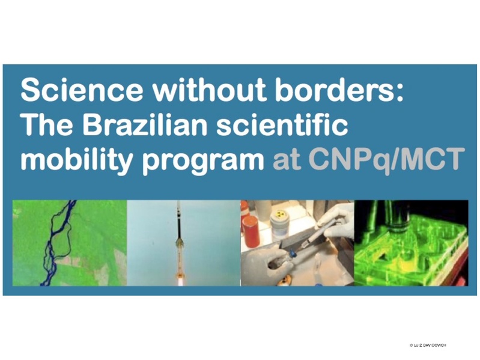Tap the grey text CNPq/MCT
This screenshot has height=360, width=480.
pos(385,160)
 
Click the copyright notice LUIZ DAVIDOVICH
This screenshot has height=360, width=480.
pos(428,346)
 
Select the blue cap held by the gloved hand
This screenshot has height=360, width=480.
pos(293,253)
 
